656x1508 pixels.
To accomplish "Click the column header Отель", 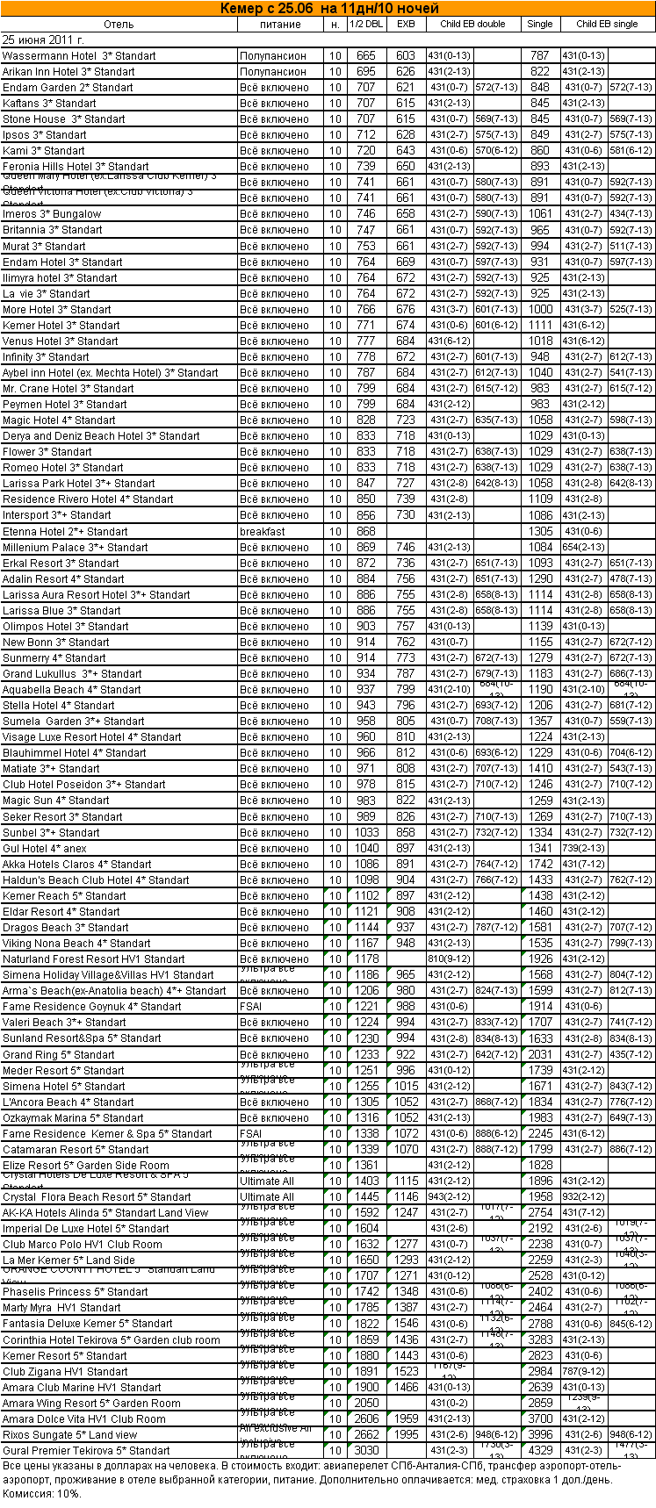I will point(119,24).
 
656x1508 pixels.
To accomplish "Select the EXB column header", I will point(406,24).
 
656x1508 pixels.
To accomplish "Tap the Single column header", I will point(540,24).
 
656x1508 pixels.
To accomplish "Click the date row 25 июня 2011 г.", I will point(44,39).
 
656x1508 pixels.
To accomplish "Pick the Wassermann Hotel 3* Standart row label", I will point(79,56).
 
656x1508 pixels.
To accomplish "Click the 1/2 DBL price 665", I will point(366,56).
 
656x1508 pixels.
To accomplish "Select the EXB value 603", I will point(406,56).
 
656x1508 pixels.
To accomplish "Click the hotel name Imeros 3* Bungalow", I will point(52,214).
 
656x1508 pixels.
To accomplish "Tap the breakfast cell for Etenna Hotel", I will point(263,531).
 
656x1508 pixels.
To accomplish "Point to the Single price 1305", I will point(540,531).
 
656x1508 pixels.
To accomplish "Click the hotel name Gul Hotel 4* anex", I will point(45,848).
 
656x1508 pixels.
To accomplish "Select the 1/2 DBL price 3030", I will point(366,1450).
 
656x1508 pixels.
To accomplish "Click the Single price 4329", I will point(540,1450).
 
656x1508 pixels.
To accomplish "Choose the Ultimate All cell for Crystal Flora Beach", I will point(267,1196).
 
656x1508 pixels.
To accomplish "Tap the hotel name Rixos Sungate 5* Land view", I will point(70,1434).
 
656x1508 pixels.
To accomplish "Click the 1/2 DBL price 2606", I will point(366,1418).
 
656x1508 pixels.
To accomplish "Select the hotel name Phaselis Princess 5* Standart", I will point(76,1291).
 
